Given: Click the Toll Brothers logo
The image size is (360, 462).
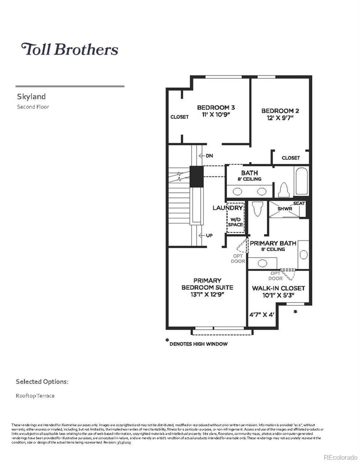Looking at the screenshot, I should (x=70, y=49).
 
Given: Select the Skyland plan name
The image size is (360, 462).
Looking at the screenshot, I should (x=31, y=96).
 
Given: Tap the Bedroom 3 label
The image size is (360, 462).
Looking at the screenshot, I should (x=216, y=108).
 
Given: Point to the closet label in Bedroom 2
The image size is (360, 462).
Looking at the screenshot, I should (x=290, y=158).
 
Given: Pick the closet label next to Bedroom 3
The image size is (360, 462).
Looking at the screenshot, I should (x=179, y=117).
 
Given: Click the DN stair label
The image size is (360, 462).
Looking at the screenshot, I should (x=209, y=156).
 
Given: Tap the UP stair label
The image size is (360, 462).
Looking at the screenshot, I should (x=209, y=236).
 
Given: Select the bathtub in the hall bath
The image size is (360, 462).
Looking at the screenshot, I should (x=301, y=181).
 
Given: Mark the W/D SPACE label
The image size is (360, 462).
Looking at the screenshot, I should (x=235, y=222).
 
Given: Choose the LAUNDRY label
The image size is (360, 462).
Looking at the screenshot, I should (x=228, y=208).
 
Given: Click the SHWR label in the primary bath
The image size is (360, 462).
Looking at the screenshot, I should (x=284, y=209).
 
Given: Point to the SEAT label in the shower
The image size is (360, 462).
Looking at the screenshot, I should (x=299, y=204).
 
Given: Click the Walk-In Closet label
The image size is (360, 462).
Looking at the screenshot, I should (x=278, y=288).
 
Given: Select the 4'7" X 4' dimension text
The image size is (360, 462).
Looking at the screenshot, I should (x=261, y=315).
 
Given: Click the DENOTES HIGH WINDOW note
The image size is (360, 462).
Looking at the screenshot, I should (x=198, y=344).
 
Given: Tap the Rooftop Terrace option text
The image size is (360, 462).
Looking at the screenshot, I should (x=36, y=396).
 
